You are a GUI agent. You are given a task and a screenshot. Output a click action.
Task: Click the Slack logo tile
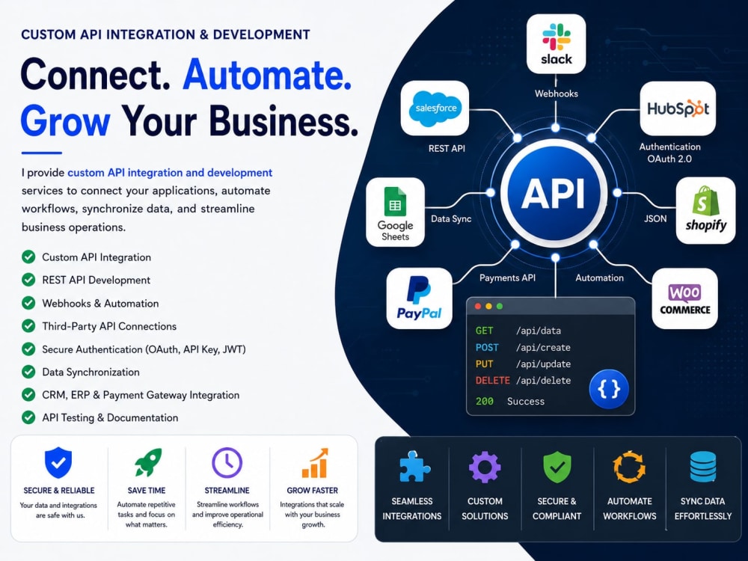[x=556, y=44]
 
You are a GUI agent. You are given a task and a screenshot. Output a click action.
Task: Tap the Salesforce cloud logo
[x=435, y=108]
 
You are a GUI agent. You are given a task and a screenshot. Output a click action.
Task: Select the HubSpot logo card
[x=678, y=108]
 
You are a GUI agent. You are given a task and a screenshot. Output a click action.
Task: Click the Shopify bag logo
[x=705, y=200]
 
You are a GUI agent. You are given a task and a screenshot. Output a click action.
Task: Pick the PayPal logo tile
[x=420, y=298]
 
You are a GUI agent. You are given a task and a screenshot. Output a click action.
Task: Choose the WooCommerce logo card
[x=684, y=298]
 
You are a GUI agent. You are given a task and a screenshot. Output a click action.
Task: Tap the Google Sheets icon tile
[x=395, y=212]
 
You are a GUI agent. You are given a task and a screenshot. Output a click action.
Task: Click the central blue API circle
[x=554, y=193]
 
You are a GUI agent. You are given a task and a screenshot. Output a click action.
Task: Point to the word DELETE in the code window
[x=493, y=380]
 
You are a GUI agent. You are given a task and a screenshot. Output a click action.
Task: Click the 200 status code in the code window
[x=485, y=401]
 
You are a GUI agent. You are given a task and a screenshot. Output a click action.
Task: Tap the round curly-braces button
[x=609, y=389]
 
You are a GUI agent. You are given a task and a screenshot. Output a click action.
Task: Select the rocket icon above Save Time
[x=148, y=462]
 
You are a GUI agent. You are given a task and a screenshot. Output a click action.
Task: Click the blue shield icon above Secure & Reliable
[x=58, y=462]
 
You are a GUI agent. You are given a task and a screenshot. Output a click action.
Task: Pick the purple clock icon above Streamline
[x=227, y=462]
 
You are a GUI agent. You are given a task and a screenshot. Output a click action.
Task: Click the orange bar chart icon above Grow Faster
[x=315, y=463]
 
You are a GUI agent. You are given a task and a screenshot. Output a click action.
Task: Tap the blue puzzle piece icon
[x=414, y=467]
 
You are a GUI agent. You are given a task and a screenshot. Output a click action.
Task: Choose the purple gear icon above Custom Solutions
[x=485, y=467]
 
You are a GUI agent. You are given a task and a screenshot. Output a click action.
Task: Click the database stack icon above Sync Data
[x=702, y=467]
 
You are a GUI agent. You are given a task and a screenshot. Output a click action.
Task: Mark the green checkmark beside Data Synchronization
[x=28, y=372]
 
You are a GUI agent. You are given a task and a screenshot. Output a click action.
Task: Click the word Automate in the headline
[x=267, y=75]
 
